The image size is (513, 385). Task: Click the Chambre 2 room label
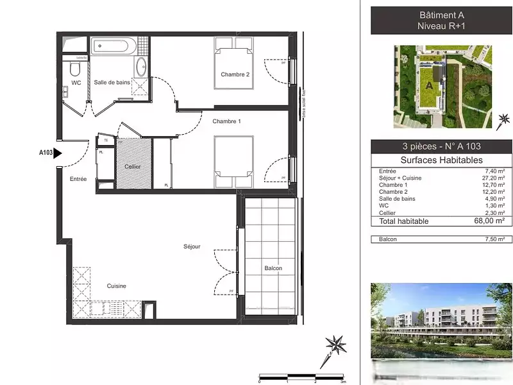(235, 74)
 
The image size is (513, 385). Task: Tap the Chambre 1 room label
(226, 122)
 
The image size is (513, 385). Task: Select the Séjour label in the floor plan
(191, 246)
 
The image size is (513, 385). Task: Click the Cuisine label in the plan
(116, 286)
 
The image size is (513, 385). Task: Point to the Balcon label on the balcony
(273, 268)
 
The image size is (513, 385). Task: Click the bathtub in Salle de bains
(112, 46)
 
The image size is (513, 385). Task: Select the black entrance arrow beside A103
(58, 153)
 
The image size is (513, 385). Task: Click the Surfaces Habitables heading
(441, 160)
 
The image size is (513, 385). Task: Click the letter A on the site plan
(429, 85)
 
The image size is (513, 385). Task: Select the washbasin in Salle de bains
(140, 66)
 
